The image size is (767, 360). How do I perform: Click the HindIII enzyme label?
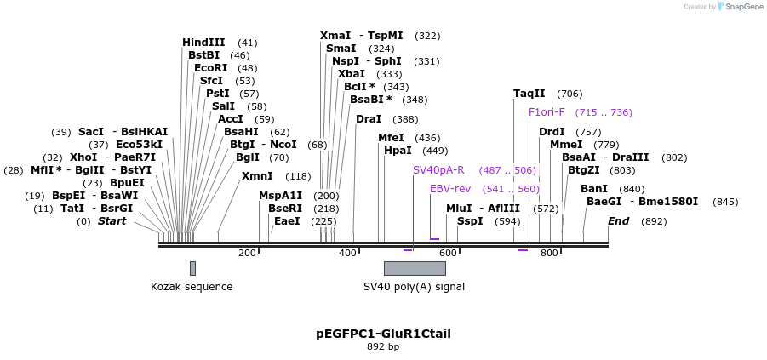[x=203, y=43]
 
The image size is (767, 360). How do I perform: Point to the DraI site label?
[x=369, y=119]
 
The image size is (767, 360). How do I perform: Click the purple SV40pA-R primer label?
[x=438, y=170]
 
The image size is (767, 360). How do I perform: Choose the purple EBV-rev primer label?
[x=449, y=189]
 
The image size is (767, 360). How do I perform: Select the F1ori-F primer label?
[x=546, y=112]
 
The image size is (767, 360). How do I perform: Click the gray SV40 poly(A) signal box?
[x=415, y=268]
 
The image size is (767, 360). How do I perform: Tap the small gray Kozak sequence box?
[x=192, y=268]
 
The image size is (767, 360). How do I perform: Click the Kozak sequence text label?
[x=192, y=287]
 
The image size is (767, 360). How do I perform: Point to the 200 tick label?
[x=248, y=254]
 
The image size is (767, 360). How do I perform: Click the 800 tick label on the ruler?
[x=549, y=254]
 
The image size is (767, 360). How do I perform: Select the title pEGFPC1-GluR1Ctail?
[x=383, y=334]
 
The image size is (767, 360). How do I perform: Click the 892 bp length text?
[x=383, y=347]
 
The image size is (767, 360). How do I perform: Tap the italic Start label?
[x=112, y=221]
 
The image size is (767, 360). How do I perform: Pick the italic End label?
[x=619, y=221]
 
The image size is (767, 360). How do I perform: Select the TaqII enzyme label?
[x=529, y=94]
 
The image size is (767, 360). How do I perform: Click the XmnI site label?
[x=257, y=176]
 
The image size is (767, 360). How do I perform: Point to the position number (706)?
[x=570, y=94]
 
